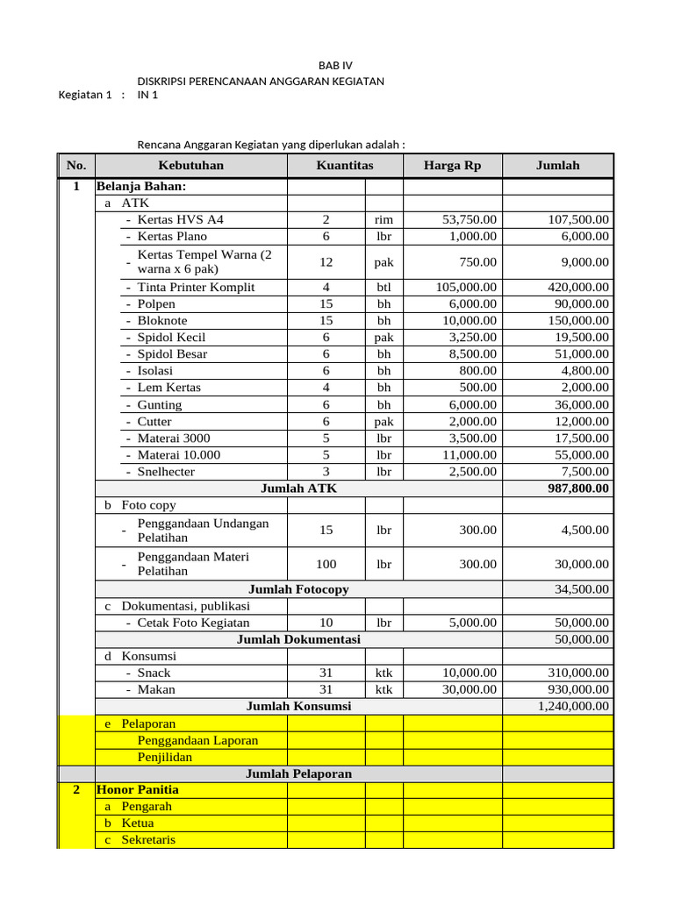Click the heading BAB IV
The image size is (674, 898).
click(336, 66)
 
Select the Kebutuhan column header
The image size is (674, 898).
click(190, 166)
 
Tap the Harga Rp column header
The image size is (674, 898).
click(452, 166)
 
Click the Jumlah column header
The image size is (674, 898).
click(557, 166)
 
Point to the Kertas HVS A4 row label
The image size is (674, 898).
click(180, 220)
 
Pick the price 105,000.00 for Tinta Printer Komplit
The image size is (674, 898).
click(466, 288)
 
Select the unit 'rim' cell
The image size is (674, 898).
click(384, 220)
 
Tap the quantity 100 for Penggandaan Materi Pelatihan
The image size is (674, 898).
click(326, 564)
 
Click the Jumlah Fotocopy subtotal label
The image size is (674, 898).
click(298, 589)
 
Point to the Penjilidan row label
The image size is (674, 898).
click(165, 757)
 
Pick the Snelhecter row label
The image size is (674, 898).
click(166, 472)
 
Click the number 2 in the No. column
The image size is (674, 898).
click(76, 789)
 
